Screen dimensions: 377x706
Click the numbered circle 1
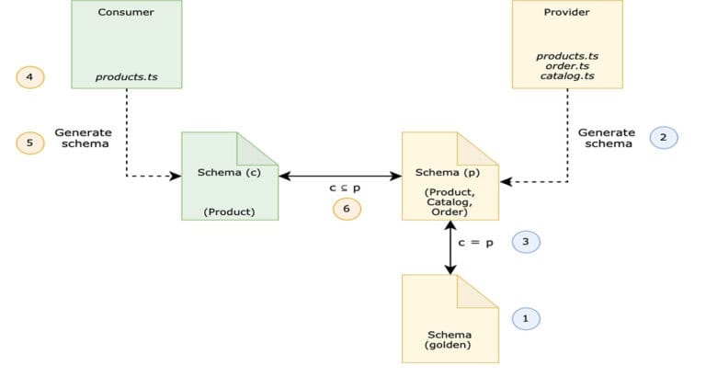point(526,318)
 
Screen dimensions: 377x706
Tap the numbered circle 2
point(663,138)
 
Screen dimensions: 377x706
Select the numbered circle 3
point(526,242)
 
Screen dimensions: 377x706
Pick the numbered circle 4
point(30,77)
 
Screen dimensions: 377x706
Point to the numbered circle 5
point(30,143)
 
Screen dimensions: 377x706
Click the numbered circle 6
point(347,209)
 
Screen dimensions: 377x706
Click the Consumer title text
point(127,13)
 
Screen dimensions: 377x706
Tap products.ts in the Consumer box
point(127,77)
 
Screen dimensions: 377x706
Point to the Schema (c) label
point(228,172)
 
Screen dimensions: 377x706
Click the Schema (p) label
point(449,172)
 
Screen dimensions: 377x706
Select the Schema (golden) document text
point(450,339)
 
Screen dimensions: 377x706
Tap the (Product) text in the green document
point(229,212)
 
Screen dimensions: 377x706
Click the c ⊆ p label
point(346,188)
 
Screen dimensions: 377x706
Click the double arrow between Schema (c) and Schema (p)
point(340,175)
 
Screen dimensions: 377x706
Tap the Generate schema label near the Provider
point(606,138)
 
